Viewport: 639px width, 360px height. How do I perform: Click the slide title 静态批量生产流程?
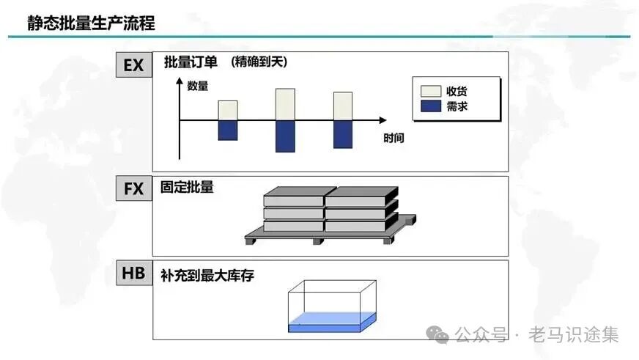[92, 23]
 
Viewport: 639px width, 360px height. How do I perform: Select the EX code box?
[133, 65]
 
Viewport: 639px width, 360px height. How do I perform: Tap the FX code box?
[133, 188]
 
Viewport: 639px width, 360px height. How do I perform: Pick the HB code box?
[133, 273]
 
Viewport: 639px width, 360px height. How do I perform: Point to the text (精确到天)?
[258, 62]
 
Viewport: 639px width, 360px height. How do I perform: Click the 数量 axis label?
[198, 86]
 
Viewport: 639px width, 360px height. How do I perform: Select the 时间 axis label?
[394, 137]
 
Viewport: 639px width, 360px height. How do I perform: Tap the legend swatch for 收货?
[430, 91]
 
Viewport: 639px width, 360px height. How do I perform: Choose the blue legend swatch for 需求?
[430, 107]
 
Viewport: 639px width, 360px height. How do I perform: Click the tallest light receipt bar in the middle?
[285, 104]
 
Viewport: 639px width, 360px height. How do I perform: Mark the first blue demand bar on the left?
[228, 130]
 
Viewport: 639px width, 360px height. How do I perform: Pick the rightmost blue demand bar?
[343, 133]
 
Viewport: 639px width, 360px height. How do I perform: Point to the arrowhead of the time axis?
[383, 120]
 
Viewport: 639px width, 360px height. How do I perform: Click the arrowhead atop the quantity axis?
[180, 80]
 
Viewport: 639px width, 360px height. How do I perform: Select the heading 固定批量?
[188, 187]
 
